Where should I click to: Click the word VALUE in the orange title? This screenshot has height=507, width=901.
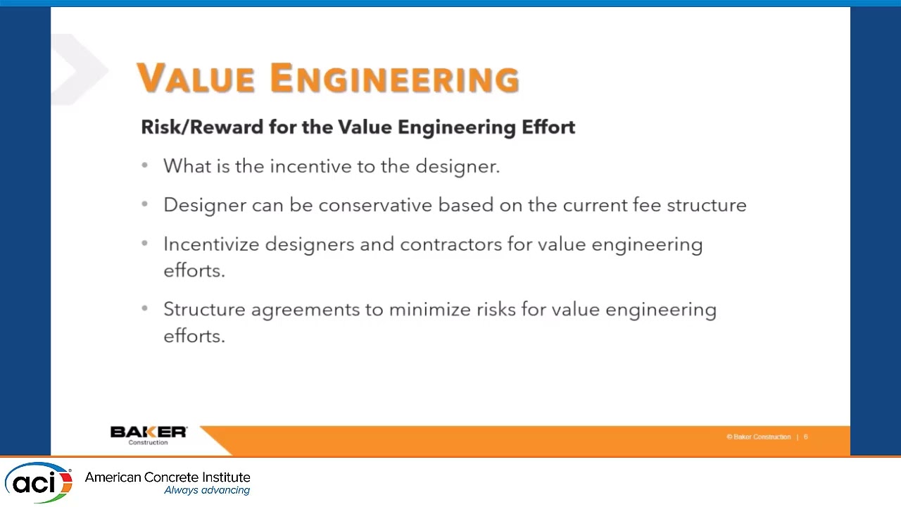196,78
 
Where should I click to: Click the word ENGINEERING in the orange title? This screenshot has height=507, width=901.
394,78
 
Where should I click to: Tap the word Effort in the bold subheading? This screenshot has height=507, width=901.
548,127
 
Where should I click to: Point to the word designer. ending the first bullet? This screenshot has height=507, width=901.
458,166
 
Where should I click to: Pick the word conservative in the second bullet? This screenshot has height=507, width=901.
375,205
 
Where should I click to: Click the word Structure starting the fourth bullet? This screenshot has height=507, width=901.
204,310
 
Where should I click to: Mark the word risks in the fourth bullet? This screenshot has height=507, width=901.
496,310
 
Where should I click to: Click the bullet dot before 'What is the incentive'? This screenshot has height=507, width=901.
145,165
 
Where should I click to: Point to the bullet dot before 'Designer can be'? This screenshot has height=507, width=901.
145,204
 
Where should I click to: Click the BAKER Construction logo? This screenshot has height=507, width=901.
149,434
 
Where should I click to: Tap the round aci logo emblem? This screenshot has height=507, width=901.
39,482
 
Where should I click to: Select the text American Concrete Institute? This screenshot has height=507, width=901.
168,477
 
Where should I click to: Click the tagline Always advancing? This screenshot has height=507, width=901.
207,491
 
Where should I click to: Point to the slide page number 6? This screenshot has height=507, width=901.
806,437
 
